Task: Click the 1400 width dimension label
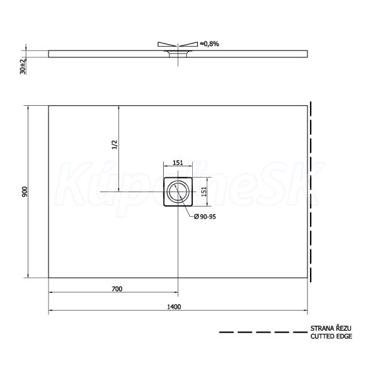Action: click(174, 307)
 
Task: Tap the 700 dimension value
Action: click(117, 289)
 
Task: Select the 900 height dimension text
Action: click(25, 192)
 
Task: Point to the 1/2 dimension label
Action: click(115, 144)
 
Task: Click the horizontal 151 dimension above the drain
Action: click(178, 163)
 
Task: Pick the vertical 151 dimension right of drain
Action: click(204, 192)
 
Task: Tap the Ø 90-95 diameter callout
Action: click(205, 217)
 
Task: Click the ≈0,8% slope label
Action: click(209, 44)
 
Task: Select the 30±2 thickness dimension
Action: click(23, 66)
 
